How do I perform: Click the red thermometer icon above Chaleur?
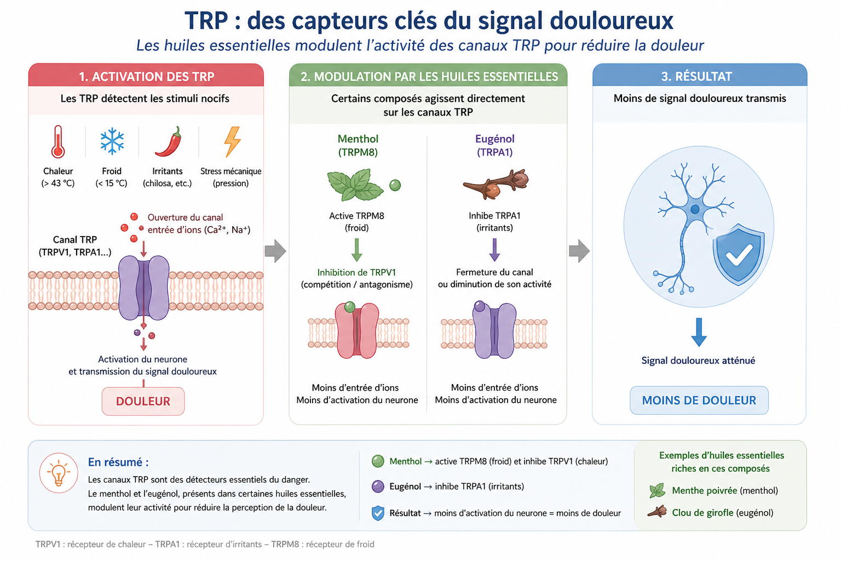pos(58,142)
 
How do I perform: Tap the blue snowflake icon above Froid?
pos(112,141)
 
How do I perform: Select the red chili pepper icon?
pos(169,141)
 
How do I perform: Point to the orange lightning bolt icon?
pos(232,142)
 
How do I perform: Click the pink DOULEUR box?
pos(143,401)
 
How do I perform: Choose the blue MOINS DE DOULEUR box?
pos(699,400)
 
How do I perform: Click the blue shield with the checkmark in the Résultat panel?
pos(739,254)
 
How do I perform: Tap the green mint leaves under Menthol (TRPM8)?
pos(355,185)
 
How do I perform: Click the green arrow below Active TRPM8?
pos(356,250)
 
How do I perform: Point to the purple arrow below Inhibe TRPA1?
pos(494,250)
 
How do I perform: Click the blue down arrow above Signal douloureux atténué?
pos(699,332)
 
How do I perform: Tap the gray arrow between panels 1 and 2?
pos(275,250)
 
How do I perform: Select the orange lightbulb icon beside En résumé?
pos(59,473)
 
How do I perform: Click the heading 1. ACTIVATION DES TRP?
pos(146,77)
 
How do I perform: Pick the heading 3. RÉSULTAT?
pos(696,77)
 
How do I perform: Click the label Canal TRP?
pos(75,240)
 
